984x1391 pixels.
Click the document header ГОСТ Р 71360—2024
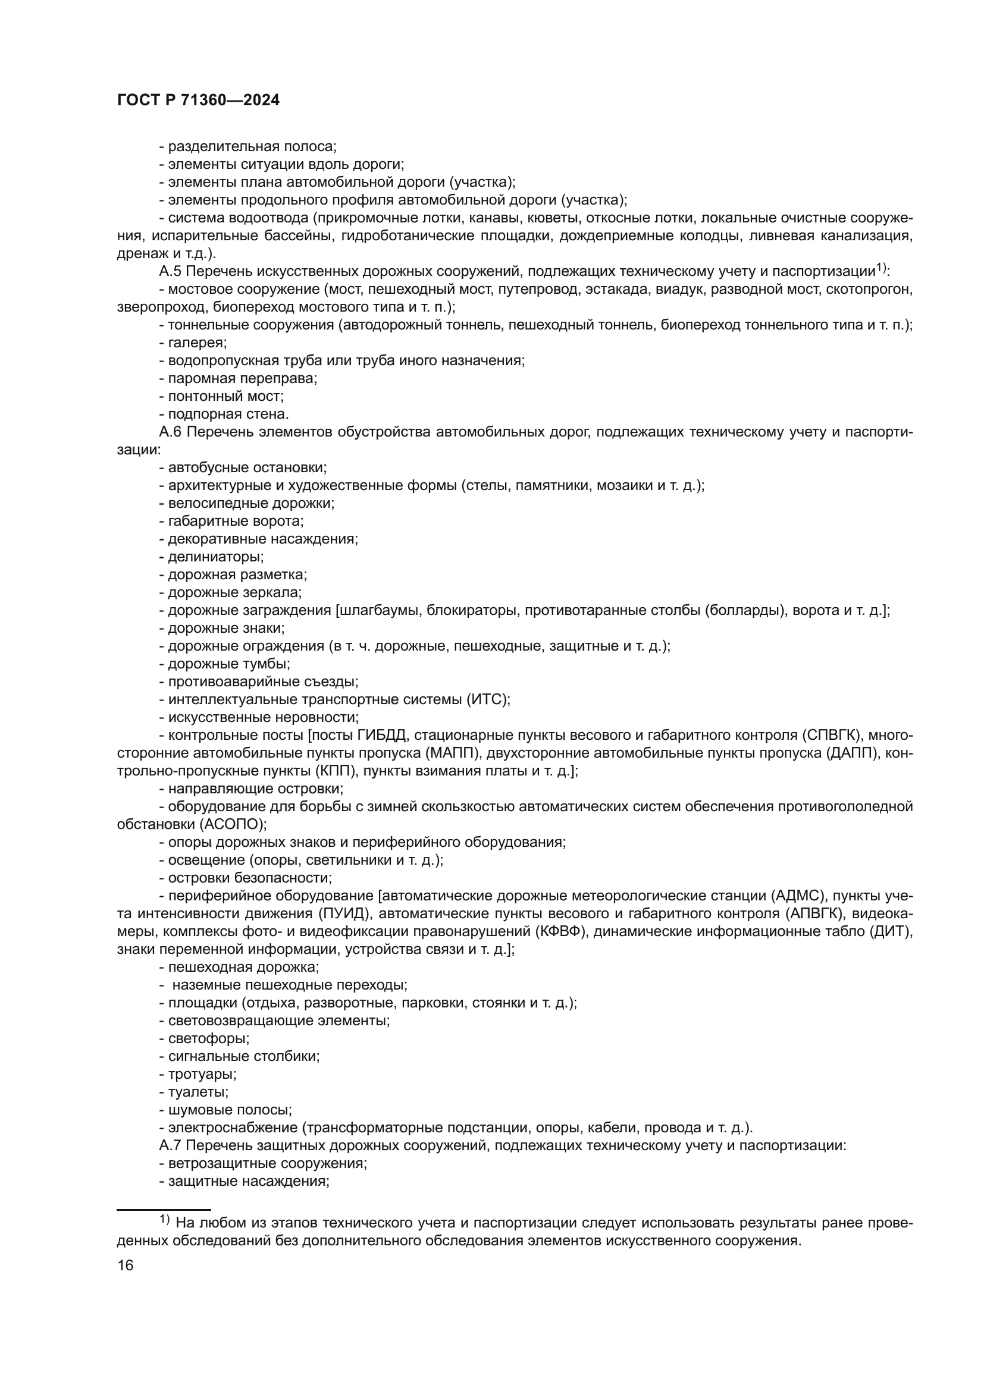pos(198,101)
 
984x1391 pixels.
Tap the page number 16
pos(126,1265)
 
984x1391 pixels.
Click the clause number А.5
pos(170,271)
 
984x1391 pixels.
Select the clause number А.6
pos(170,432)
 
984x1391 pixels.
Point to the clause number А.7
pos(170,1145)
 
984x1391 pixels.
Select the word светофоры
pos(208,1038)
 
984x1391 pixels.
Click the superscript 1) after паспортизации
pos(882,268)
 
